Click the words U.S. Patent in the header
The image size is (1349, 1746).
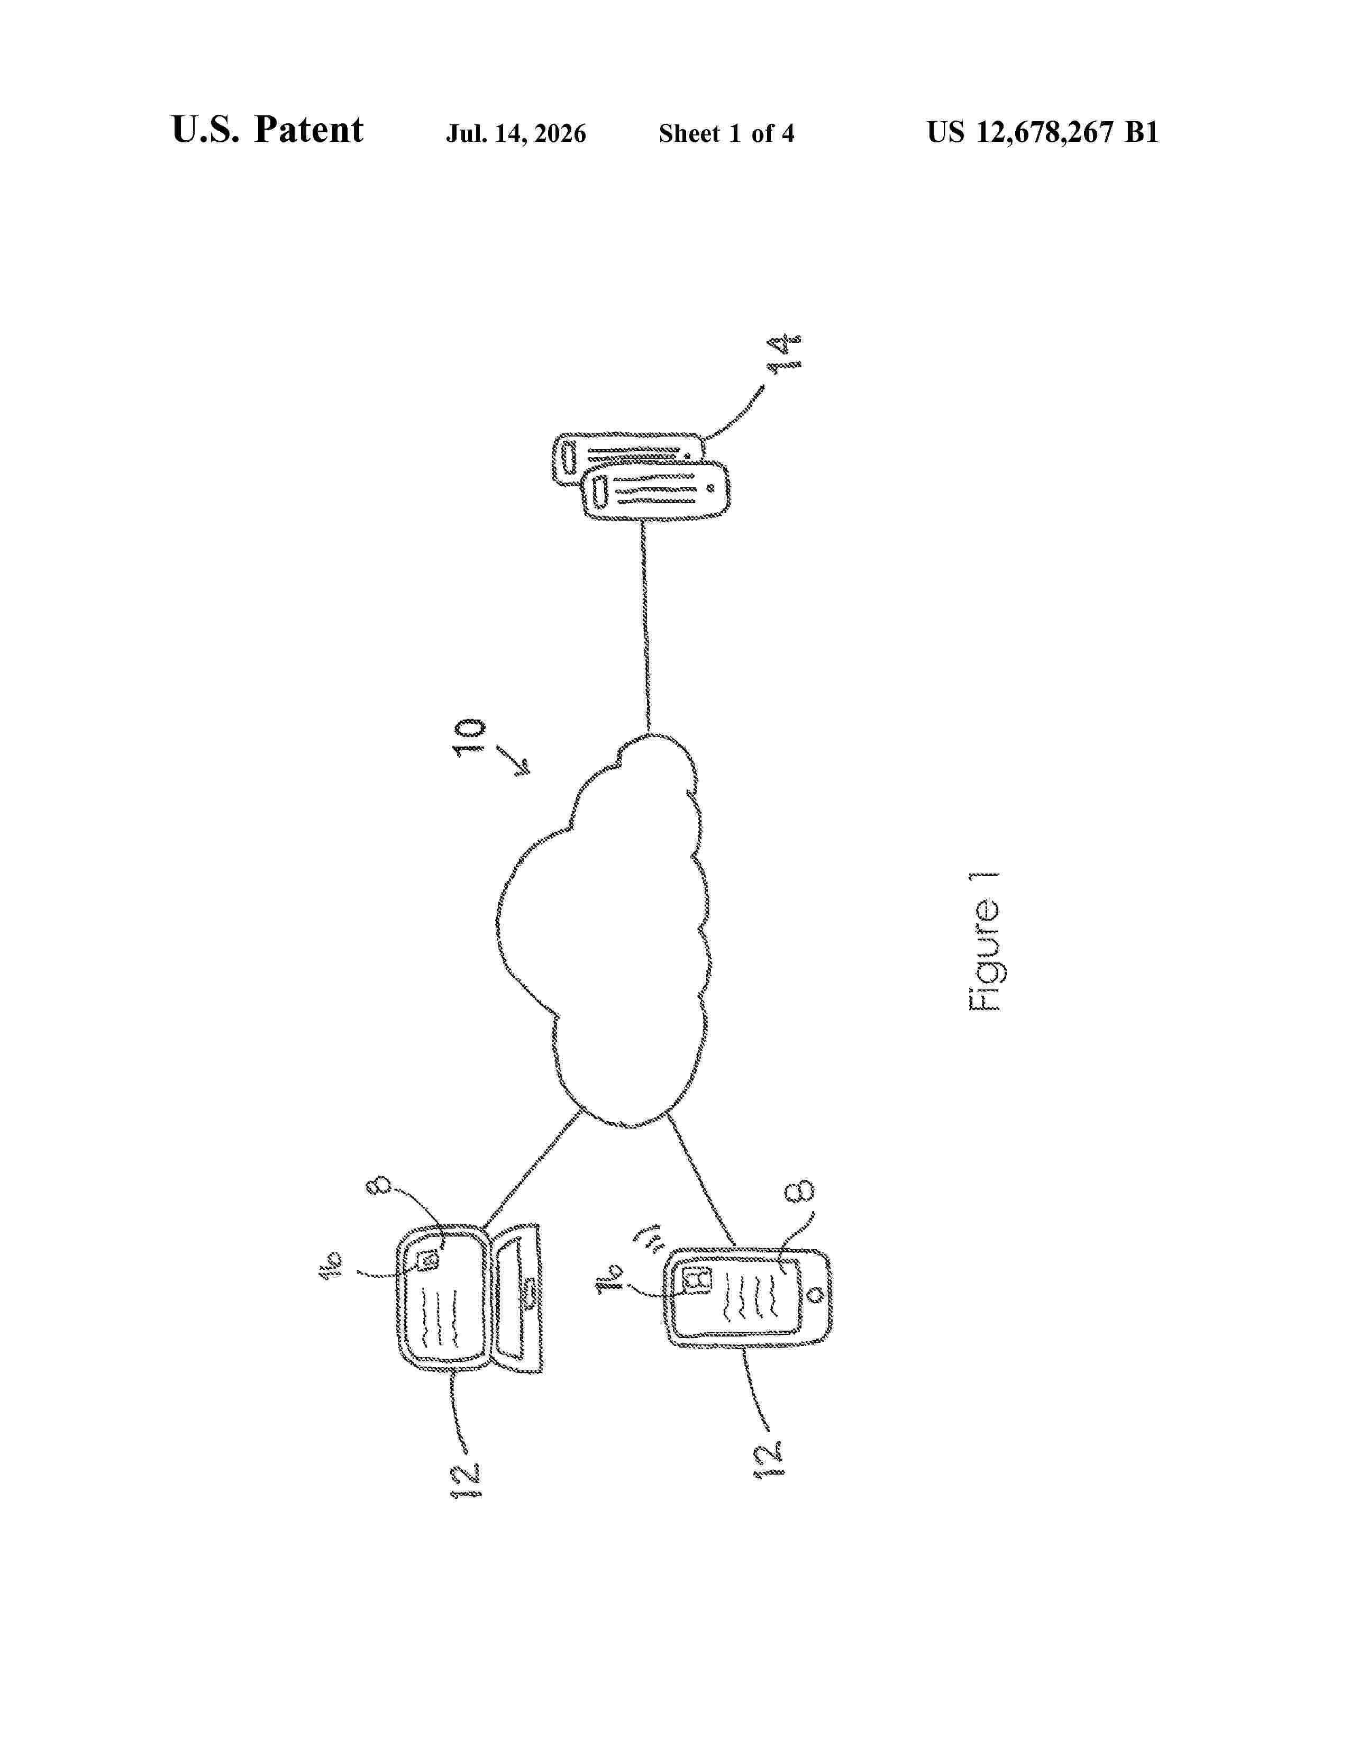[267, 130]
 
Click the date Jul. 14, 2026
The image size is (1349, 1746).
[515, 133]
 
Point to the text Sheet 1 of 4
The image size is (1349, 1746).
[726, 133]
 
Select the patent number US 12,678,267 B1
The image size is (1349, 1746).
[1042, 132]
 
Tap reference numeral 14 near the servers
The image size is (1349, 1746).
[784, 352]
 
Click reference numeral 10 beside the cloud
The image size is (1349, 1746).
[469, 736]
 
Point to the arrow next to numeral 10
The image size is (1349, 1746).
[513, 759]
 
